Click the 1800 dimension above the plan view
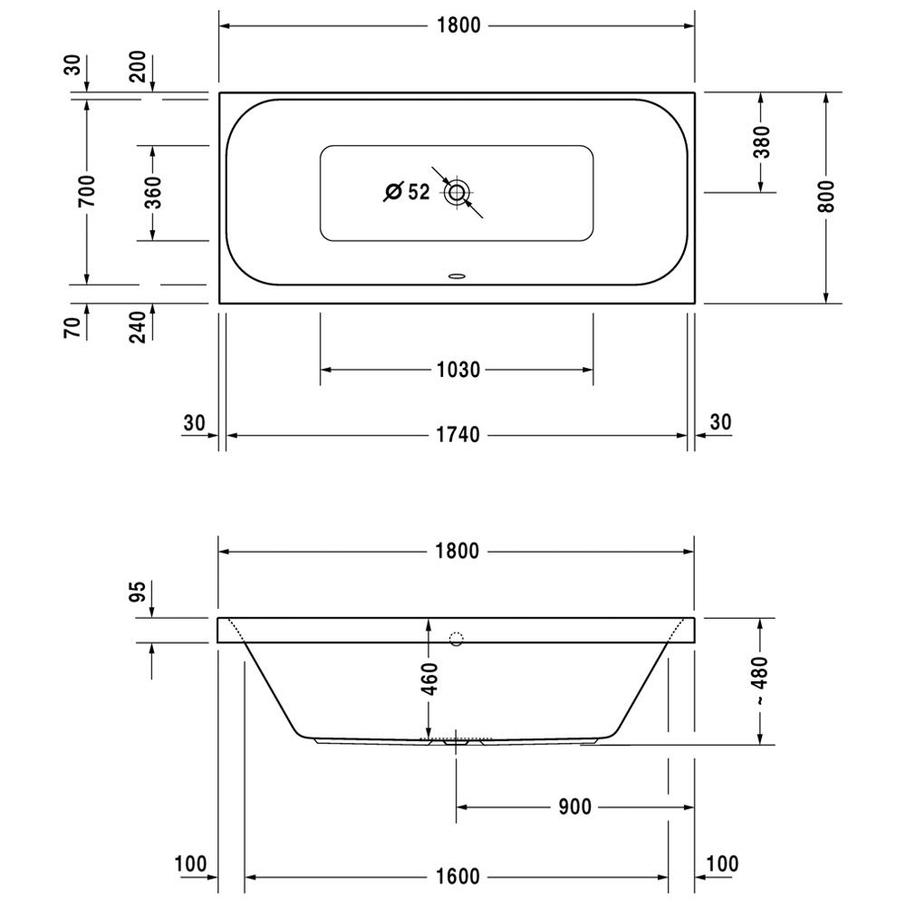tap(458, 25)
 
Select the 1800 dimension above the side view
tap(457, 551)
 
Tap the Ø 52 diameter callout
tap(408, 192)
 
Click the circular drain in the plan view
tap(457, 192)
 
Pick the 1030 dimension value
tap(458, 370)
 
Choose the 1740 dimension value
tap(458, 435)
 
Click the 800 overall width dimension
tap(826, 197)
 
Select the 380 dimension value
tap(762, 142)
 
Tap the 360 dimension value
tap(153, 192)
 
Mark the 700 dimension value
tap(87, 191)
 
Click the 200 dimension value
tap(138, 66)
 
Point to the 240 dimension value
tap(138, 327)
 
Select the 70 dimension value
tap(72, 328)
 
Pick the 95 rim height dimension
tap(138, 592)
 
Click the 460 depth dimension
tap(430, 679)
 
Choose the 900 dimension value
tap(575, 807)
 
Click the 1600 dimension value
tap(457, 876)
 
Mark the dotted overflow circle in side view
tap(457, 639)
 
